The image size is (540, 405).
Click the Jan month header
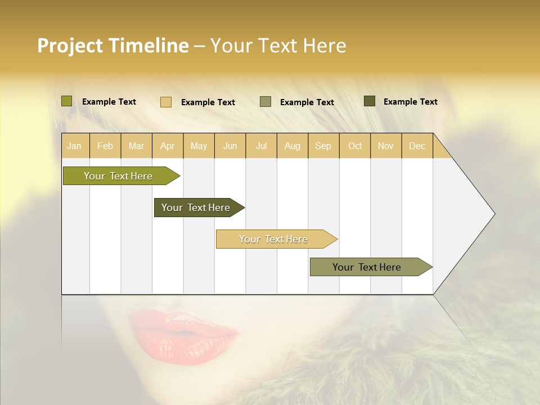[74, 146]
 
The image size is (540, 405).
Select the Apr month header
[167, 146]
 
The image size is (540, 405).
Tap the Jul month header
[261, 146]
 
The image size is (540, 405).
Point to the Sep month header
[323, 146]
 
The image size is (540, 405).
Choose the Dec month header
[417, 146]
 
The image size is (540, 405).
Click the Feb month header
[105, 146]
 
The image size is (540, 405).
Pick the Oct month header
[355, 146]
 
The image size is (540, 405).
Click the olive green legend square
[66, 101]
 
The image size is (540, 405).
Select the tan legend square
[166, 102]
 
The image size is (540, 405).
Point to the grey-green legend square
[265, 102]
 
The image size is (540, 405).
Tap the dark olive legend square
[370, 101]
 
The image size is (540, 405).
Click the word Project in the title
[70, 46]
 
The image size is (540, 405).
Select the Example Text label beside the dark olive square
[410, 101]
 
